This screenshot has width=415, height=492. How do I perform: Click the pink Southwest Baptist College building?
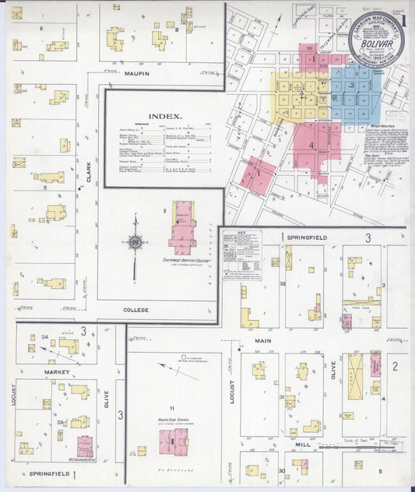[x=183, y=227]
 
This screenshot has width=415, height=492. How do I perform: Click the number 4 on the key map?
[x=311, y=146]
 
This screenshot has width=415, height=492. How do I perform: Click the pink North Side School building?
[x=173, y=441]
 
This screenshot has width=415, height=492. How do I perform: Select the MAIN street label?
[x=262, y=340]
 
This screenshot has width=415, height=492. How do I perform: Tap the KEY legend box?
[x=241, y=255]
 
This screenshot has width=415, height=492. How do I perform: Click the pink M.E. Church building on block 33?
[x=85, y=446]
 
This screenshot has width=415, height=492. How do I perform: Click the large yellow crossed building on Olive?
[x=355, y=377]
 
